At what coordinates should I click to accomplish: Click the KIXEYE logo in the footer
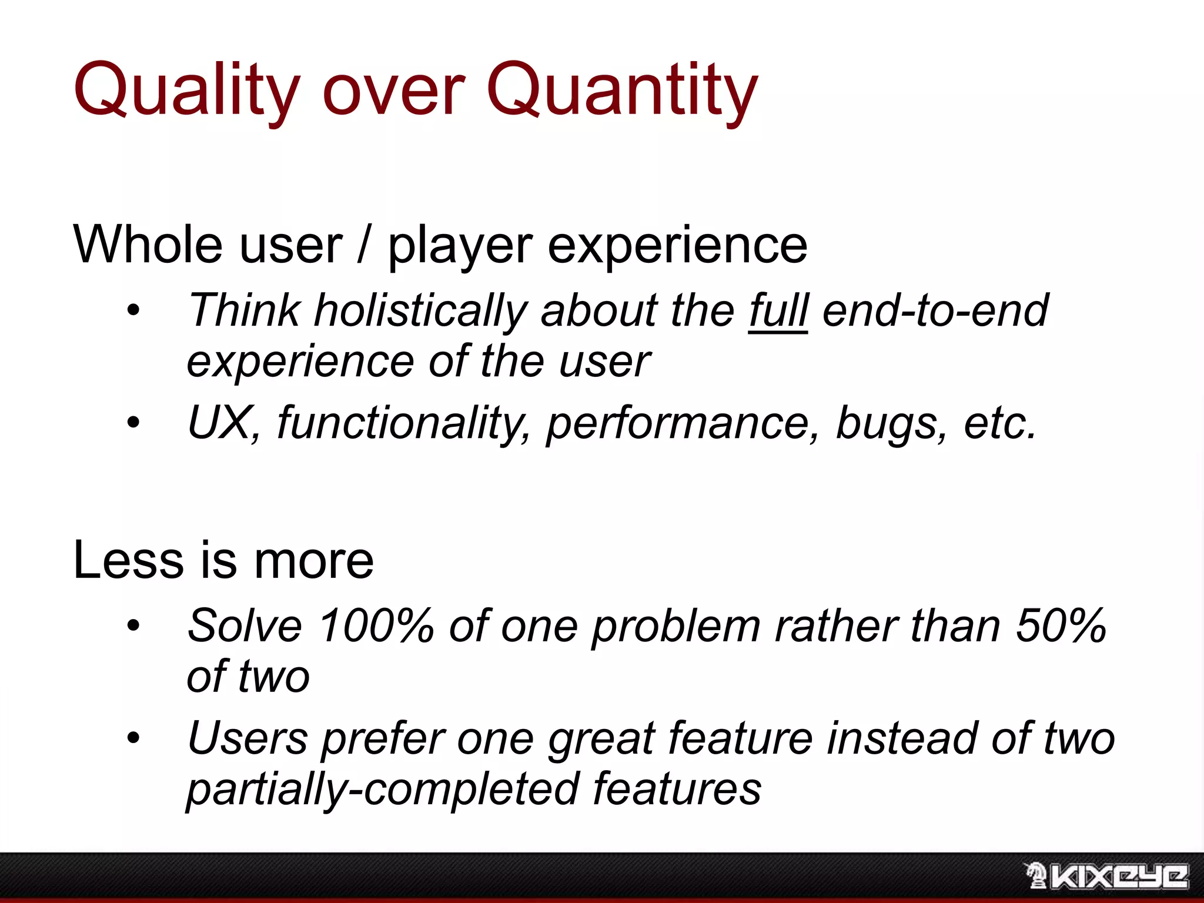(x=1106, y=877)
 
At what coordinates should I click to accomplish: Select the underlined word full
(x=778, y=310)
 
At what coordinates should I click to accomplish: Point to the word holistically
(x=420, y=310)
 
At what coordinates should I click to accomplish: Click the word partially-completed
(x=382, y=789)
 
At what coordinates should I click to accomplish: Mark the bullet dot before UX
(x=134, y=422)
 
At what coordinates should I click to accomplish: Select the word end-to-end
(x=935, y=310)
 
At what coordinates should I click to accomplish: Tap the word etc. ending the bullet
(x=999, y=423)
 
